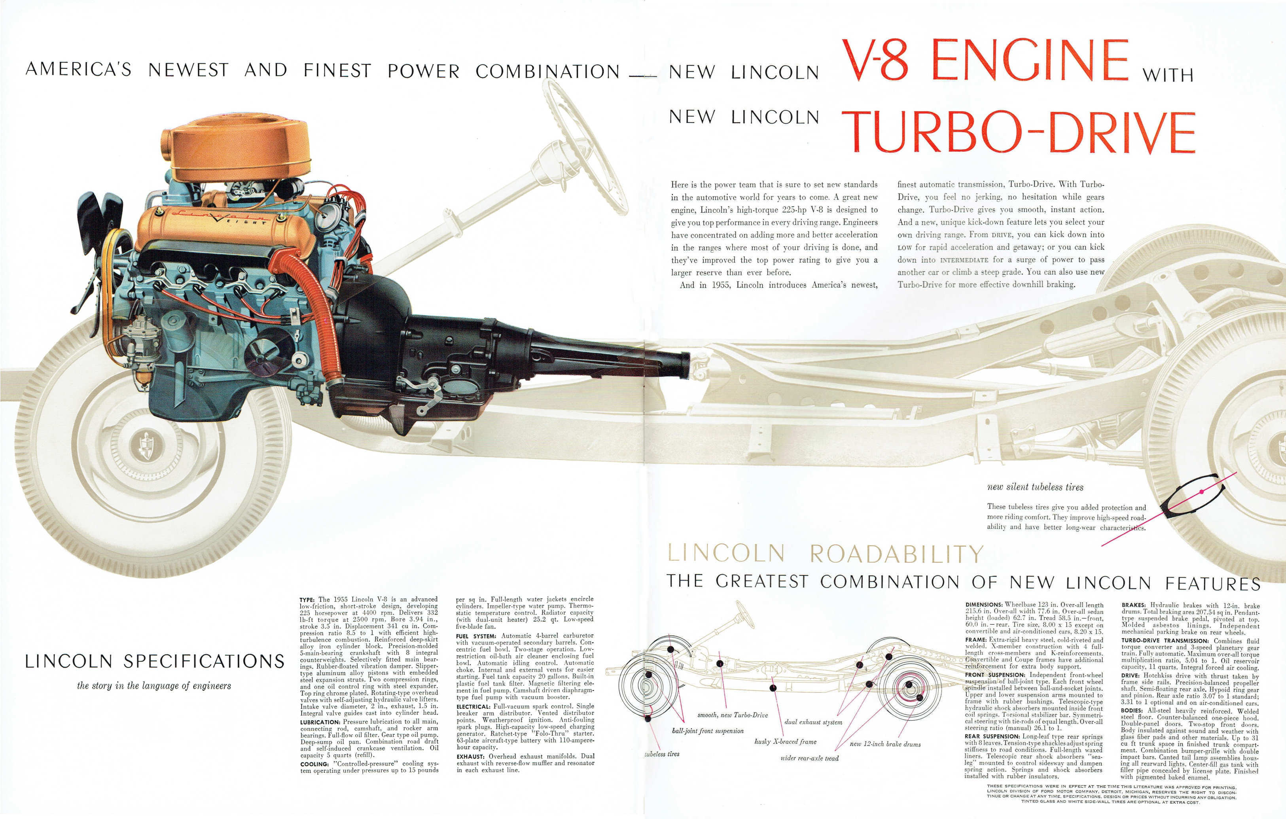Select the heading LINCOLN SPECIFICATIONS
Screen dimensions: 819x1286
click(154, 662)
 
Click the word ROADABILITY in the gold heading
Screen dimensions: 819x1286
click(896, 554)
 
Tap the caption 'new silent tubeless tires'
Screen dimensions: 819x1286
click(1035, 487)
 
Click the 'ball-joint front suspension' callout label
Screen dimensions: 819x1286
click(707, 731)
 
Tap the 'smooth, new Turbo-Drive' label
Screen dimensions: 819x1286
click(732, 715)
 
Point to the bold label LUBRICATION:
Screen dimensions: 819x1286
click(320, 722)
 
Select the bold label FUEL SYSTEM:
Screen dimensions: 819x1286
click(476, 636)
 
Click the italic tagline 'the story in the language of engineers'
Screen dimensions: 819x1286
click(154, 685)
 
